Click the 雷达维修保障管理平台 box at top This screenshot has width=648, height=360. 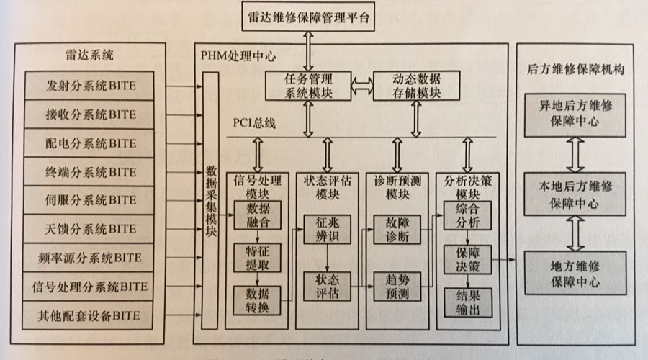point(307,17)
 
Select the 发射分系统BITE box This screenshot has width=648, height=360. point(90,86)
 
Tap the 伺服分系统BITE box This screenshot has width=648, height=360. point(90,200)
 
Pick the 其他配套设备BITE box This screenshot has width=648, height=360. point(90,315)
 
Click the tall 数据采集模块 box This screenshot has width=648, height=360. point(211,200)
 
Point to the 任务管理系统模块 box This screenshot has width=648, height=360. point(307,85)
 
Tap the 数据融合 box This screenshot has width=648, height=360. point(258,215)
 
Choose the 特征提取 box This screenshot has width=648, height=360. point(258,256)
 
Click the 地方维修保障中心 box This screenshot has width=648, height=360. point(574,273)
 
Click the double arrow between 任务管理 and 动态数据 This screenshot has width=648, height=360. point(362,85)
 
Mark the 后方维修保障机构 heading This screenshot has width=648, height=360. point(574,71)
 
